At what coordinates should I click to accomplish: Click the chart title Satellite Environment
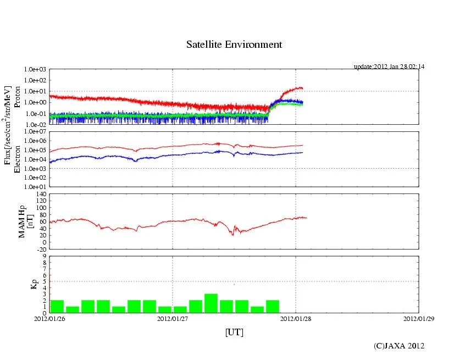[x=234, y=45]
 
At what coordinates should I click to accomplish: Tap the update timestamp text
[x=389, y=67]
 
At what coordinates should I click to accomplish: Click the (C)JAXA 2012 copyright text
[x=399, y=346]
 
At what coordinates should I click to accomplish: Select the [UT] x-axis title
[x=234, y=332]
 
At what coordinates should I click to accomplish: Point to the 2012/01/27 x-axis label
[x=173, y=318]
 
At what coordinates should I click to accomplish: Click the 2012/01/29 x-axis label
[x=418, y=318]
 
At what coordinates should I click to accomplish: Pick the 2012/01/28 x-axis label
[x=295, y=318]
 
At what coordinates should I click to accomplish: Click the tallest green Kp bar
[x=211, y=303]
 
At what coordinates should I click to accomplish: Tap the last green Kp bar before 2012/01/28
[x=273, y=307]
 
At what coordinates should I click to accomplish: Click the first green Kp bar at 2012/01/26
[x=57, y=307]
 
